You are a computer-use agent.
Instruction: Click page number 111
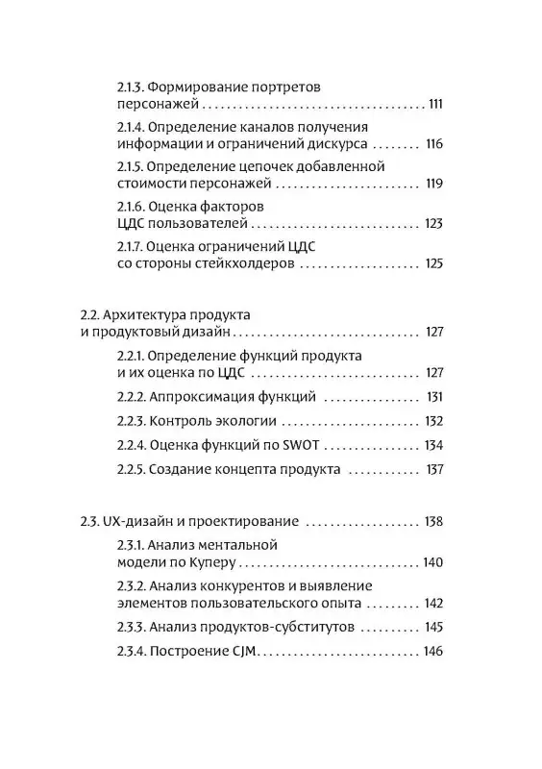434,105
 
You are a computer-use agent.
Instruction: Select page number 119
433,184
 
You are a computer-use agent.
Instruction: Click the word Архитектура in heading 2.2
154,314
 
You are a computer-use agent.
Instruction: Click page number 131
434,396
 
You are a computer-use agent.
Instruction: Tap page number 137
433,470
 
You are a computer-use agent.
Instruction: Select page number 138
433,522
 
